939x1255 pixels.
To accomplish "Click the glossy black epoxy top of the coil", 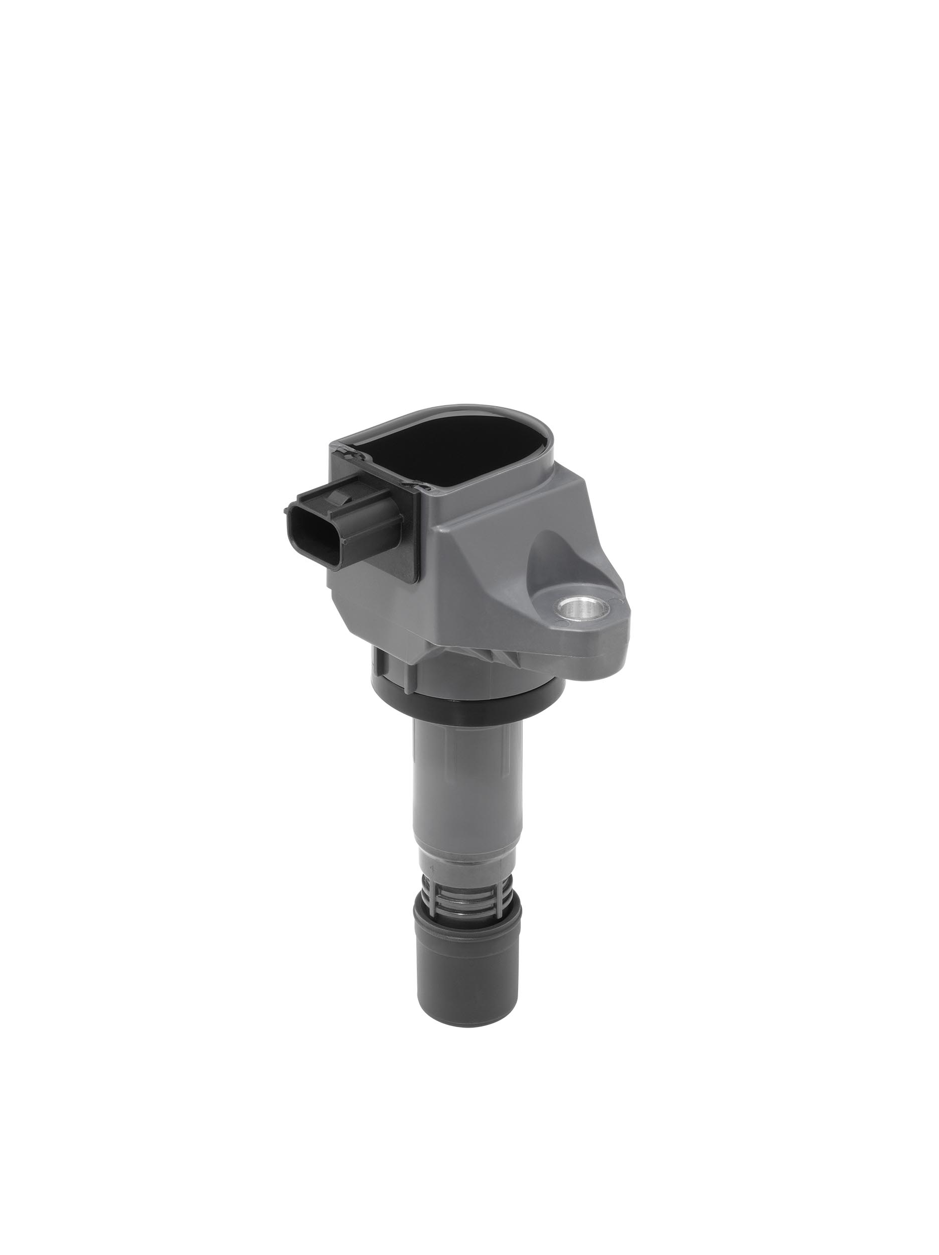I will click(x=448, y=448).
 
